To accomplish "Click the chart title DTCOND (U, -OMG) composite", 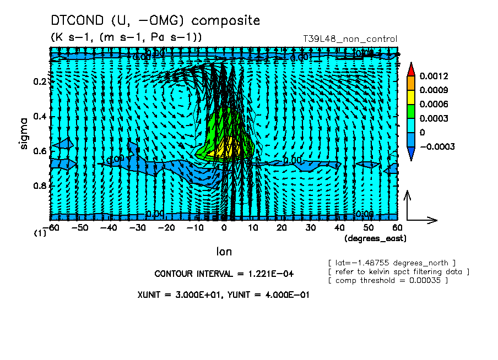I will click(x=155, y=21).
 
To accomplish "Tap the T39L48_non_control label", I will click(x=350, y=39).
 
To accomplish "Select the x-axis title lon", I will click(x=224, y=252).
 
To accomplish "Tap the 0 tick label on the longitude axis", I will click(x=224, y=227).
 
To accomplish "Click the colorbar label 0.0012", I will click(x=434, y=76).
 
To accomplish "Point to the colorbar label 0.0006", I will click(x=434, y=105).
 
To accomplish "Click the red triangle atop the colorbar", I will click(x=410, y=69).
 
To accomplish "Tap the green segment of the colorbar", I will click(x=410, y=111).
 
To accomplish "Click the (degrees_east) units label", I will click(x=376, y=238).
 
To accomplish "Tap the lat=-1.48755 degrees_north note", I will click(x=392, y=262).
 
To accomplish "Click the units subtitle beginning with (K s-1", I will click(x=126, y=37).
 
